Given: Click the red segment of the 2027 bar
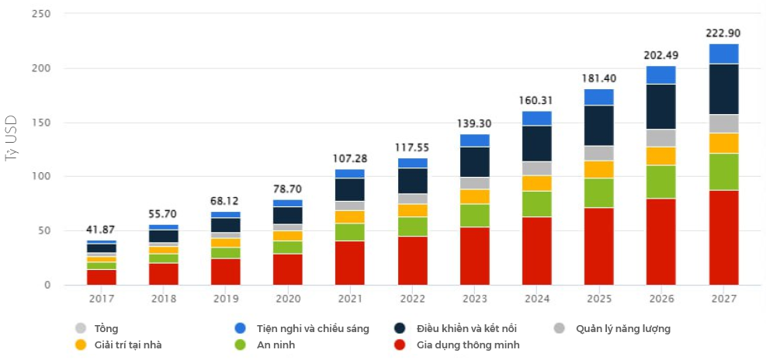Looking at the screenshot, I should pos(723,237).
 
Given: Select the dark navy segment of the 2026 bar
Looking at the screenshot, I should pos(660,106).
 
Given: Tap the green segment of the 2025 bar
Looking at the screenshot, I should pos(598,193).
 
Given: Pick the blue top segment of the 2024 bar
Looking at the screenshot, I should pos(536,118).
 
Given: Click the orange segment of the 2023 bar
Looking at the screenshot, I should pos(474,196).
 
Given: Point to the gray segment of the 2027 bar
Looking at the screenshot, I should pos(723,123).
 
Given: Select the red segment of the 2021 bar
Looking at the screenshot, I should pos(349,263).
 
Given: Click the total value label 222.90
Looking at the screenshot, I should pos(723,33).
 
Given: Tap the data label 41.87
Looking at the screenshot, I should pos(101,230).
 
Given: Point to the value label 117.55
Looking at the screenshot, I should pos(412,147).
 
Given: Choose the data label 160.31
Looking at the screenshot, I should pos(536,100).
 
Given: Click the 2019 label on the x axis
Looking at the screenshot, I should pos(225,298).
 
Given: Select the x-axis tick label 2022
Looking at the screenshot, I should pos(412,298).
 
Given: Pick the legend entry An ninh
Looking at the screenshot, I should pos(276,344).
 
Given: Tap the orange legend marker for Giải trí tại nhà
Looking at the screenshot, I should pos(81,344).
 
